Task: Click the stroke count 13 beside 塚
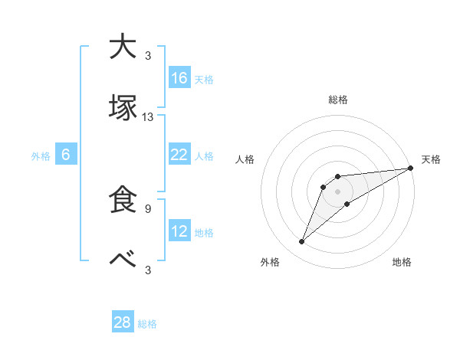pyautogui.click(x=148, y=117)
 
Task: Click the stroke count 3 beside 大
pyautogui.click(x=148, y=55)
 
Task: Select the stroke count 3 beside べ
pyautogui.click(x=148, y=270)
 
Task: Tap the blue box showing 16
pyautogui.click(x=179, y=77)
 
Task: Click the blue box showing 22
pyautogui.click(x=179, y=154)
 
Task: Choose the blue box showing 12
pyautogui.click(x=179, y=231)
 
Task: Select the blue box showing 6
pyautogui.click(x=66, y=155)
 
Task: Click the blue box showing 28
pyautogui.click(x=123, y=322)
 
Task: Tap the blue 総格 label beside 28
pyautogui.click(x=147, y=324)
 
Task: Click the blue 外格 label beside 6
pyautogui.click(x=41, y=156)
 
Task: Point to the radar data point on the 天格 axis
pyautogui.click(x=411, y=169)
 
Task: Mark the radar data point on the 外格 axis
pyautogui.click(x=301, y=242)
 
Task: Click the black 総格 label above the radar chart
pyautogui.click(x=338, y=100)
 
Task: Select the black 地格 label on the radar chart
pyautogui.click(x=402, y=263)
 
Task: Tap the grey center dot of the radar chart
pyautogui.click(x=337, y=191)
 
